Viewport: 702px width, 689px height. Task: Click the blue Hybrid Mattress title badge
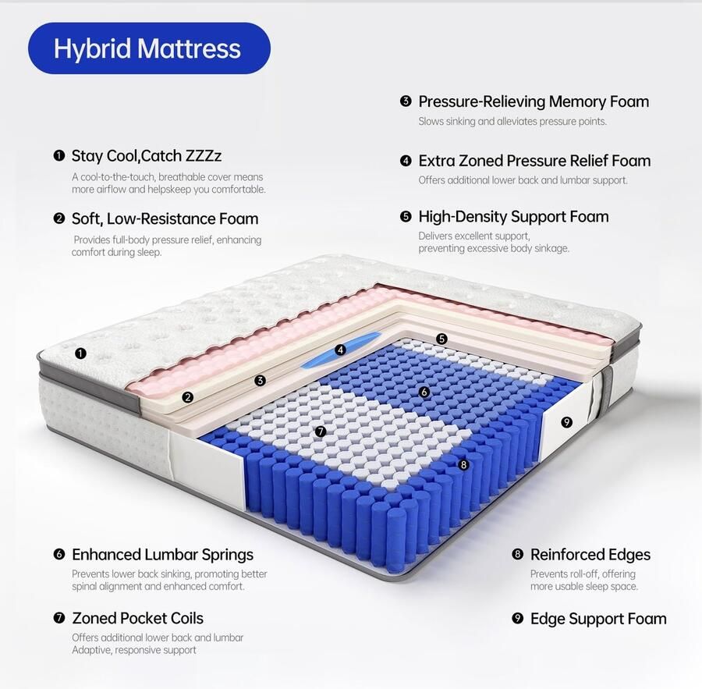point(148,48)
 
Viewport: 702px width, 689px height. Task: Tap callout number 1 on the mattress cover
point(81,353)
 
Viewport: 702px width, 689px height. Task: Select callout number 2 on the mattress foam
point(187,397)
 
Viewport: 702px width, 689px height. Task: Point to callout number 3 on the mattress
point(260,381)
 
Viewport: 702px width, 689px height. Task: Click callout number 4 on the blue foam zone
point(340,350)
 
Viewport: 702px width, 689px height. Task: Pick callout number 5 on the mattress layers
point(441,339)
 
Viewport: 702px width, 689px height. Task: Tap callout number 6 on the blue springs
point(424,392)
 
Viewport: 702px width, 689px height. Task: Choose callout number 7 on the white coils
point(321,431)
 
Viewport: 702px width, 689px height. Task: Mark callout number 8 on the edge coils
point(463,464)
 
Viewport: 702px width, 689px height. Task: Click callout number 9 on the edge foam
point(566,422)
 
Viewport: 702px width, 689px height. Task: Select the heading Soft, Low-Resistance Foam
point(165,218)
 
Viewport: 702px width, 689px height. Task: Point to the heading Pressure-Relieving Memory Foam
point(534,101)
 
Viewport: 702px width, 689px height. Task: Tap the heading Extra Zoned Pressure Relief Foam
point(534,161)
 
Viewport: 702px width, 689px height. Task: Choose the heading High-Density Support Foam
point(513,216)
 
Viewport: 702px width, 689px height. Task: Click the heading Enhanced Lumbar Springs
point(162,555)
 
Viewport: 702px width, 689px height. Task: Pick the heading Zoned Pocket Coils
point(137,618)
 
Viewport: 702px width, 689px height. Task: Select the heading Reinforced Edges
point(590,555)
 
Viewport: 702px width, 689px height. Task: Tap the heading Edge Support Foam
point(598,619)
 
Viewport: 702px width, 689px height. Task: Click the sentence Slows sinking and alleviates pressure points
point(512,122)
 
